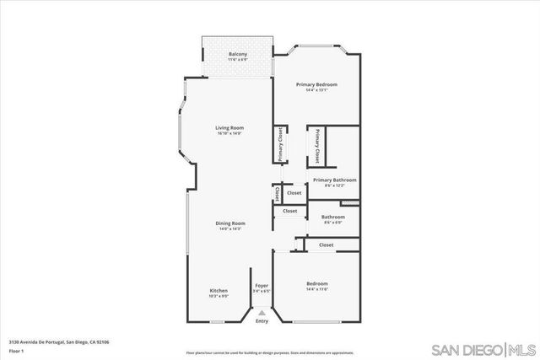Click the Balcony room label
237,54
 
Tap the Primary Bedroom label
316,84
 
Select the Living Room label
229,127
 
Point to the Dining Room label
230,223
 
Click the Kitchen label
219,290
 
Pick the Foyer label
262,286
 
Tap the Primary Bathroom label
334,180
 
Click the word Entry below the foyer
262,320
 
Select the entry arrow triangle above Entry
262,311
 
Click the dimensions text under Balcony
237,60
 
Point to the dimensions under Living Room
229,133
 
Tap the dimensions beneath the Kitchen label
219,296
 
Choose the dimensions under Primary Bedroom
316,90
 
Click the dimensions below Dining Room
230,228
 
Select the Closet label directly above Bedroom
326,244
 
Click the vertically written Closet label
277,193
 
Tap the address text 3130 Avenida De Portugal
59,341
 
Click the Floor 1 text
17,350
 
